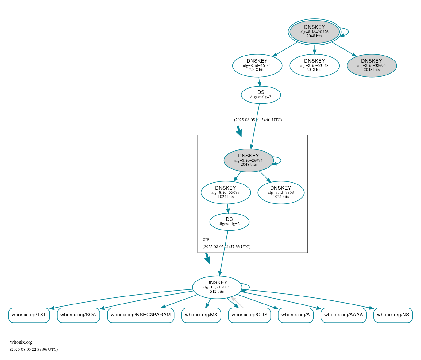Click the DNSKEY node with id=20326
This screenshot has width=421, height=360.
point(314,32)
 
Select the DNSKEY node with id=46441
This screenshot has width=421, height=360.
point(257,65)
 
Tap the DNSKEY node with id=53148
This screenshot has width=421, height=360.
point(314,65)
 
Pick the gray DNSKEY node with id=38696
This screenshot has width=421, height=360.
point(372,65)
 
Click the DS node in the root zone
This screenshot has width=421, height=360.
point(261,95)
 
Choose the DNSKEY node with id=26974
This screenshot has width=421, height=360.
point(249,160)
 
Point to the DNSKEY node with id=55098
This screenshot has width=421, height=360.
point(226,192)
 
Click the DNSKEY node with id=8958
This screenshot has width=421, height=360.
point(281,192)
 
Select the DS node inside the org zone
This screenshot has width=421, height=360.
point(229,222)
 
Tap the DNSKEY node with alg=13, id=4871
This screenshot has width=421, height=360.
point(217,287)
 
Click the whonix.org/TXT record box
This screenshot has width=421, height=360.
point(29,315)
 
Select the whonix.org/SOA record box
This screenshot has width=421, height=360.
point(78,315)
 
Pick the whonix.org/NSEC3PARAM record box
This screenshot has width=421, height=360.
point(141,315)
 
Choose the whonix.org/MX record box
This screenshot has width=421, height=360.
point(201,315)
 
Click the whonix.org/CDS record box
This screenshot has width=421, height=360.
point(249,315)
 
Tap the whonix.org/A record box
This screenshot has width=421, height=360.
point(295,315)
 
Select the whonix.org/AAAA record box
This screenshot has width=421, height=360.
point(343,315)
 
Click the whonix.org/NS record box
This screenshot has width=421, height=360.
point(393,315)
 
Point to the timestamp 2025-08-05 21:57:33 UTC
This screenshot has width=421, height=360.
point(226,247)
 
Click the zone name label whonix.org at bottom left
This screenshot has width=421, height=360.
point(21,342)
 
